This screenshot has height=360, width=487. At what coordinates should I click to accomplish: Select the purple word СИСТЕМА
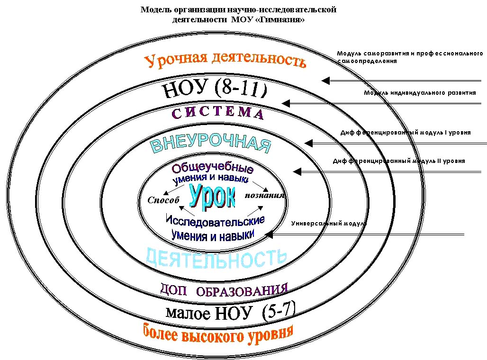217,114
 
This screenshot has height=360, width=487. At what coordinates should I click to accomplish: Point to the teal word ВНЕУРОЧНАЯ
211,144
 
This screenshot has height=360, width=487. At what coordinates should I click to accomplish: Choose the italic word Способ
163,200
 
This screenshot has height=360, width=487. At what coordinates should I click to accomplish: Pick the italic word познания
265,195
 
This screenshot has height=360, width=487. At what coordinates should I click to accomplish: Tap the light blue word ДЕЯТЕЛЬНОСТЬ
216,258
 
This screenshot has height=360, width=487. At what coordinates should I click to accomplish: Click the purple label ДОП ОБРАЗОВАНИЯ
224,290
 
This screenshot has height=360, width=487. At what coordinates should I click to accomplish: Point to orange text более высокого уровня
218,335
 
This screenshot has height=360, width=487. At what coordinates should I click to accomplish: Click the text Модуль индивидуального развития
420,93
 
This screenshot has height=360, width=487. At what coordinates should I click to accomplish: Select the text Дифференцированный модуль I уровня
406,133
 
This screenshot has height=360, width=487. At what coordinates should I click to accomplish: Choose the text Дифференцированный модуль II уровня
398,161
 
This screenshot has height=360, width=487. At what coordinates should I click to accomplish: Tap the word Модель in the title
154,10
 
